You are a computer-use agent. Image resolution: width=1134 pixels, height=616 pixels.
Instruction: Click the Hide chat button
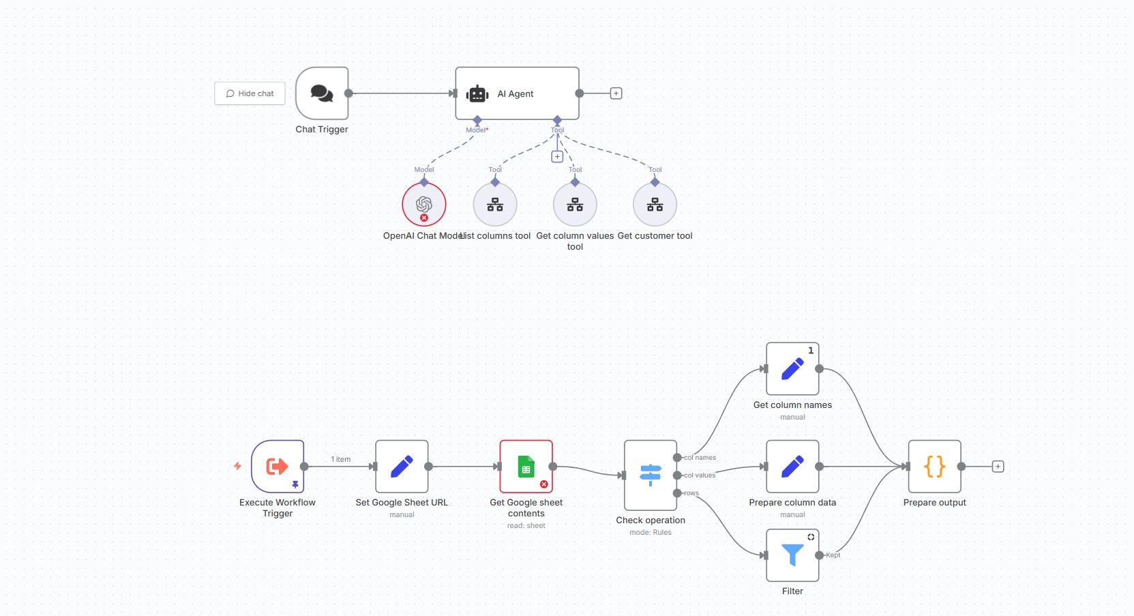coord(250,93)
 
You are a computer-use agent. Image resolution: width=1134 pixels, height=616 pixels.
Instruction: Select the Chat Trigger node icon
coord(322,93)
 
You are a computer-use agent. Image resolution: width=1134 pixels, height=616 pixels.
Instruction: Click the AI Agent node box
coord(517,93)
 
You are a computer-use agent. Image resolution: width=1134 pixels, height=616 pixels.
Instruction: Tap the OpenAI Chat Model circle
coord(423,204)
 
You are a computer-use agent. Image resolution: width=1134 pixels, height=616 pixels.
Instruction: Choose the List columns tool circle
coord(495,204)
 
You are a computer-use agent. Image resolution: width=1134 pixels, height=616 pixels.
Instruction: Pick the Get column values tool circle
coord(575,204)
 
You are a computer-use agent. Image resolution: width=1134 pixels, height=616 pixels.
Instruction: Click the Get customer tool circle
coord(655,204)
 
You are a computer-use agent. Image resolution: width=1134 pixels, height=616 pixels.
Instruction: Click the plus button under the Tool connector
coord(557,157)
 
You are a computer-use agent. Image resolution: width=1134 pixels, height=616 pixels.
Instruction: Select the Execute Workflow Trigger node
coord(278,467)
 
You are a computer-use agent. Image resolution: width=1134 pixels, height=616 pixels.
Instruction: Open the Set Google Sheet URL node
coord(402,467)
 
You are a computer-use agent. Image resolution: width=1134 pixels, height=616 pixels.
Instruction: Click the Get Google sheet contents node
coord(526,467)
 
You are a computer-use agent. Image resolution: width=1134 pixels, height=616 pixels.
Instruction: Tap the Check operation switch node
coord(651,475)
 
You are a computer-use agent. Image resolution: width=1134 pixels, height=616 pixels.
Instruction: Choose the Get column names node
coord(792,369)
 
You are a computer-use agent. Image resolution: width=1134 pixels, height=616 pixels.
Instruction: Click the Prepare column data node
coord(792,467)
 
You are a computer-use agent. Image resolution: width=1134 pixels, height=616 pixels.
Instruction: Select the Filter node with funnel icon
coord(792,555)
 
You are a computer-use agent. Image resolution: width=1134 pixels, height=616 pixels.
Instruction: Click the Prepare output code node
coord(934,467)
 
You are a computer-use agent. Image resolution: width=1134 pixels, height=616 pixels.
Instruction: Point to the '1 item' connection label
coord(341,459)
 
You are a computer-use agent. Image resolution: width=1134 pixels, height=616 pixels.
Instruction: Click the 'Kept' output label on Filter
coord(833,555)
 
